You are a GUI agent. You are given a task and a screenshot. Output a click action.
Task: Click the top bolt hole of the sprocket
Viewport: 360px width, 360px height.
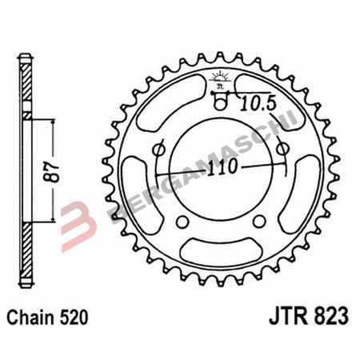pos(220,101)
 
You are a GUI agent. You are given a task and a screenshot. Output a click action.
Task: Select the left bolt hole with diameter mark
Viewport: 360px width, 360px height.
pos(156,150)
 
